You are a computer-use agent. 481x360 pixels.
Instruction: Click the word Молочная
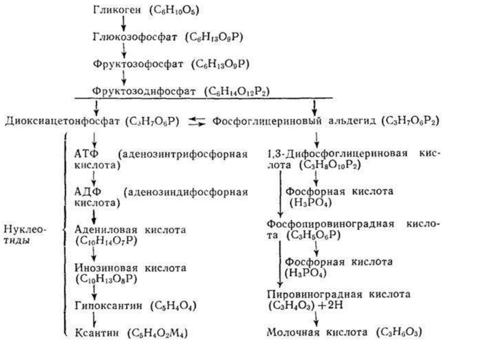[293, 333]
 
